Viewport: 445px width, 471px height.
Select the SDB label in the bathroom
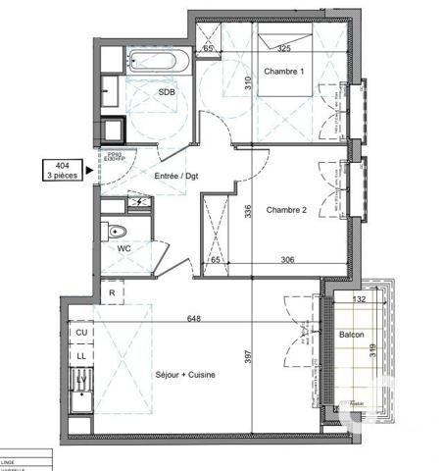point(166,93)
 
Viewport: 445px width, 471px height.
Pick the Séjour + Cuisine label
point(185,375)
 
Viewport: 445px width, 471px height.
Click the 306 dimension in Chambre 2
point(287,260)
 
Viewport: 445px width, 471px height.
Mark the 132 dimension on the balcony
point(359,299)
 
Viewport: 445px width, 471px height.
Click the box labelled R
point(113,292)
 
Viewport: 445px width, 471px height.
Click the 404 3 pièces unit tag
point(63,170)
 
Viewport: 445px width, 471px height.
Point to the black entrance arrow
point(91,170)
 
